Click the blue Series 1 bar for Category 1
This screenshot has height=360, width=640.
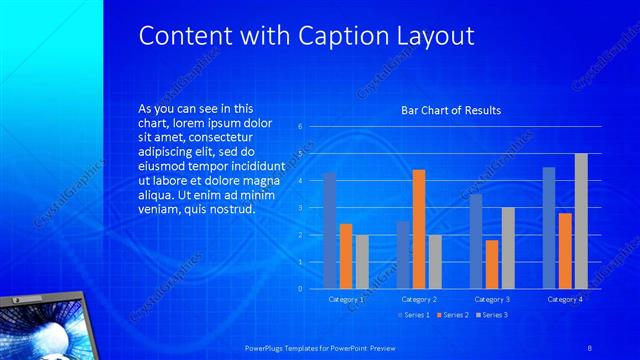pos(330,231)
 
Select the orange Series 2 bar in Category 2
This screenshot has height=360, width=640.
pos(418,229)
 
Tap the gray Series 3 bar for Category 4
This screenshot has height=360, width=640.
pos(581,221)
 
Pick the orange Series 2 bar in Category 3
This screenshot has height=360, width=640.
pos(491,264)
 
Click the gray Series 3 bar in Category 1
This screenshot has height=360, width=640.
pos(361,262)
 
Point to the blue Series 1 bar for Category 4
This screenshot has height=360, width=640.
pos(549,228)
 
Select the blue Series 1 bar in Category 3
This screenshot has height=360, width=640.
pos(476,241)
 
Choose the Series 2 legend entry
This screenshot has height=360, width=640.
pos(451,316)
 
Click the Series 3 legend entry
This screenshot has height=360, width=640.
pos(490,316)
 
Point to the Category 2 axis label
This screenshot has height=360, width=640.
pos(419,299)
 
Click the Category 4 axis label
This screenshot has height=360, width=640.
pos(565,299)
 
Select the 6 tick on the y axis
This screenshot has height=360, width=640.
pos(301,127)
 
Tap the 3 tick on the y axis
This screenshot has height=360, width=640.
pos(301,208)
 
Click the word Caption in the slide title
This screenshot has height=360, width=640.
pos(342,36)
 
